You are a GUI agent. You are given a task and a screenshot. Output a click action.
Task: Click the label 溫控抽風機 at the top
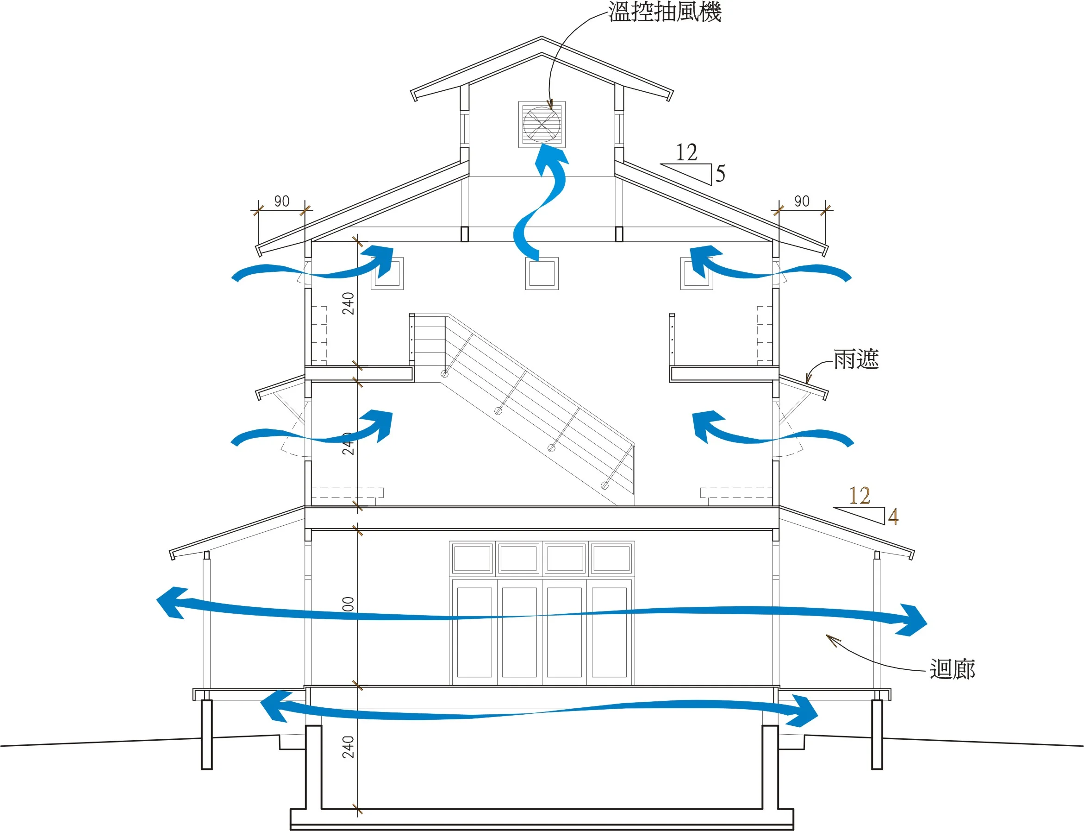coord(664,12)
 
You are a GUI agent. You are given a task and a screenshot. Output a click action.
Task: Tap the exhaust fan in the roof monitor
coord(542,125)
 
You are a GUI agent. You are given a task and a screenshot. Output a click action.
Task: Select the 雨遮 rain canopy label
coord(856,359)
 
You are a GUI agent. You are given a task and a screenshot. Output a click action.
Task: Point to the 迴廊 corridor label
coord(952,669)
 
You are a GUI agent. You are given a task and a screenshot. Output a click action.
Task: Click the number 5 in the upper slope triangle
coord(720,174)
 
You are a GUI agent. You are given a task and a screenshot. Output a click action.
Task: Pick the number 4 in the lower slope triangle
coord(893,517)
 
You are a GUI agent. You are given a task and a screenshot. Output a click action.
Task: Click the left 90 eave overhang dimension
coord(282,201)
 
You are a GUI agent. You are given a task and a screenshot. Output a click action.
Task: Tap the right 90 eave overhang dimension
coord(802,201)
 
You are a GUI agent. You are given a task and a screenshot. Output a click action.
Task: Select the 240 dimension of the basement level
coord(349,747)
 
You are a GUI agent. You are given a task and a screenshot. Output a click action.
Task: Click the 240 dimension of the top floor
coord(349,304)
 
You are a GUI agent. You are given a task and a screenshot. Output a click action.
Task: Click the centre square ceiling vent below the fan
coord(542,274)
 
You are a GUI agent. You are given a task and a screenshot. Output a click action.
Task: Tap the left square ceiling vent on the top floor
coord(387,274)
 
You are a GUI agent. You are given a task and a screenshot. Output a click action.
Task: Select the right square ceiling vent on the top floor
coord(697,274)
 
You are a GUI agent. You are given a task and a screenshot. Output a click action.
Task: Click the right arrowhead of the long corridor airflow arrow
coord(912,620)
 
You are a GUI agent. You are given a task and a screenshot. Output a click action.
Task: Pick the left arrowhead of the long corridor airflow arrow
coord(170,602)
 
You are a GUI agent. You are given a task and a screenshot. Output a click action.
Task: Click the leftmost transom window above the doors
coord(472,559)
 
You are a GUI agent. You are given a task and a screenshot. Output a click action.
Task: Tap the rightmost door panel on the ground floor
coord(609,632)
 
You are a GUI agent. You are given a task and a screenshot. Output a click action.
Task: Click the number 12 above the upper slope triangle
coord(686,153)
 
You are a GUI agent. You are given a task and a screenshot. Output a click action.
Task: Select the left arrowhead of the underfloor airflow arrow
coord(273,705)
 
